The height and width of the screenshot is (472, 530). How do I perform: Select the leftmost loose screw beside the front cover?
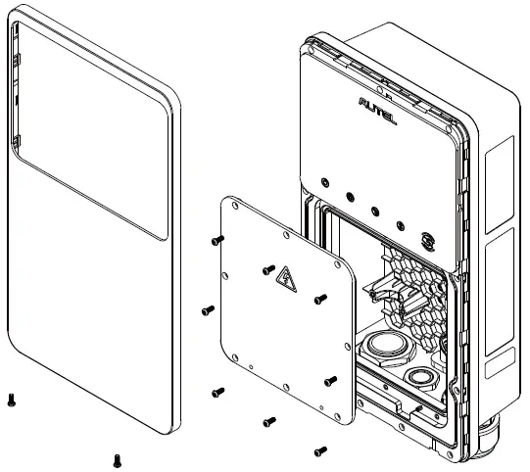[11, 399]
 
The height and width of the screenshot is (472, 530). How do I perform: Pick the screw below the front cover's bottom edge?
[118, 458]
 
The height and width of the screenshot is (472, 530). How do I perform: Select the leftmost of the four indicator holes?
[324, 179]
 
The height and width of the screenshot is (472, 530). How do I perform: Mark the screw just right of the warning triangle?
[318, 299]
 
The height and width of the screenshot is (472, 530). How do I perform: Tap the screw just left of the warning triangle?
[267, 269]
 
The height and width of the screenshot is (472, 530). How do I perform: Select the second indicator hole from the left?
[350, 194]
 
